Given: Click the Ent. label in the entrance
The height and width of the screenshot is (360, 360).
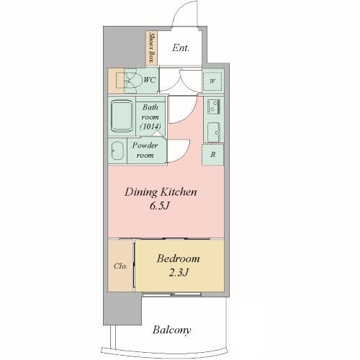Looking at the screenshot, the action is point(181,48).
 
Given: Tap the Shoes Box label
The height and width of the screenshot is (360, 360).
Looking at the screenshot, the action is point(151,48).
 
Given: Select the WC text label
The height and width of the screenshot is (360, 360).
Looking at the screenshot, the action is point(149,80).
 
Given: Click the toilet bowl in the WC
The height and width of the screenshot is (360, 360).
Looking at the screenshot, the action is point(131,81).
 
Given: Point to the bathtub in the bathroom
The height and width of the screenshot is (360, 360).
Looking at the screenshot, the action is point(122,116).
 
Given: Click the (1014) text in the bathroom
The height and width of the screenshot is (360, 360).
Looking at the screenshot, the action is point(150,127).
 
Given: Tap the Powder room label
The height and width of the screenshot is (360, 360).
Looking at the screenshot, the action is point(145,150).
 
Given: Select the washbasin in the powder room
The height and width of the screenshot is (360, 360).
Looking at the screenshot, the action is point(117,150).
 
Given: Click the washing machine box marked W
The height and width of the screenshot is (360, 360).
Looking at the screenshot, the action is point(212,81).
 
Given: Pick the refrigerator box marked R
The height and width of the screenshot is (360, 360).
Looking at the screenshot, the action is point(213,155).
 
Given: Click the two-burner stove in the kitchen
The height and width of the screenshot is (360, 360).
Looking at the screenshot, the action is point(213,107).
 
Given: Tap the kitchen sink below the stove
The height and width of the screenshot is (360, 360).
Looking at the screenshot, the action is point(213,132).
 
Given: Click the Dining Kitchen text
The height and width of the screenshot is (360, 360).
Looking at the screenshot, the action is point(161,192).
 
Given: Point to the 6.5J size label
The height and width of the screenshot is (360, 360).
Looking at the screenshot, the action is point(160,206).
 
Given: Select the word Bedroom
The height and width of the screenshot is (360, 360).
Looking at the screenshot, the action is point(178,258).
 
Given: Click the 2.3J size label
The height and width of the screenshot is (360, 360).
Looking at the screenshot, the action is point(178,272).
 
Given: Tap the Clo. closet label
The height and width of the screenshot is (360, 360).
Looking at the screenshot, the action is point(120,266).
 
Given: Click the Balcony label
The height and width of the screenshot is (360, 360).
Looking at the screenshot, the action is point(171,330).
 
